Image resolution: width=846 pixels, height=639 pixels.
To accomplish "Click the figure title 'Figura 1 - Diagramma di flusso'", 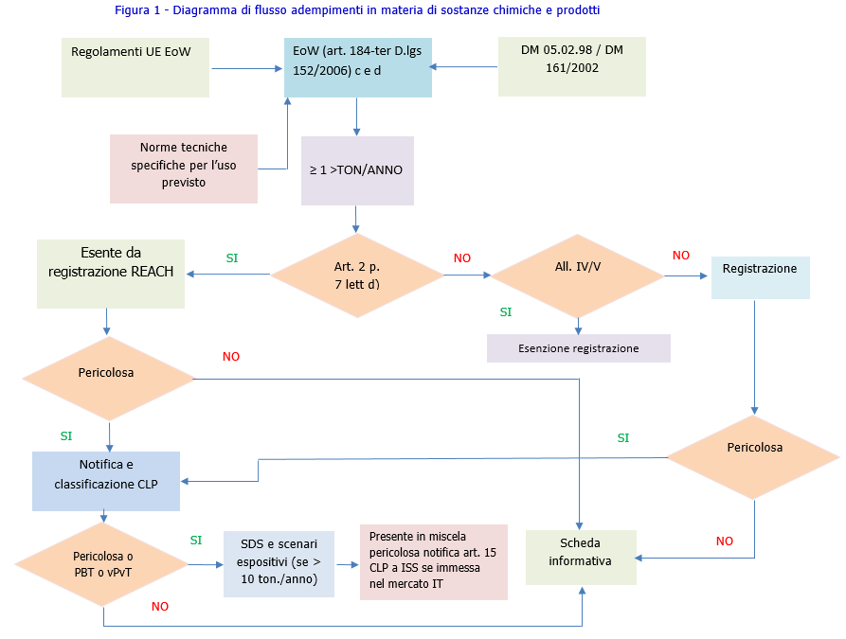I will tap(357, 9).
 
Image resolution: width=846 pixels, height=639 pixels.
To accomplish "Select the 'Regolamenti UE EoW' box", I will tap(135, 67).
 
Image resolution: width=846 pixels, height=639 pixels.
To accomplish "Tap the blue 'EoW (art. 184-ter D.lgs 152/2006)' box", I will tap(358, 67).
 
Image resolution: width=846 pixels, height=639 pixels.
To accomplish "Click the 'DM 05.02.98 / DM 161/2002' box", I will tap(572, 66).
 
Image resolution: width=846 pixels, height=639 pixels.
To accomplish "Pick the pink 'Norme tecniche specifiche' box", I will tap(184, 168).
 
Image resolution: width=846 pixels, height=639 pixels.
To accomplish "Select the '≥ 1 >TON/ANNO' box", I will tap(357, 171).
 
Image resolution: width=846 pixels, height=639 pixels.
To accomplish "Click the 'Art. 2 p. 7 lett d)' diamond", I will tap(357, 275).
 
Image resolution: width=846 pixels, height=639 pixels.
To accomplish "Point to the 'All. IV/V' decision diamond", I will tap(577, 275).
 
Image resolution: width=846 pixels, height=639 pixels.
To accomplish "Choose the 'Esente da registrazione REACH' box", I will tap(111, 273).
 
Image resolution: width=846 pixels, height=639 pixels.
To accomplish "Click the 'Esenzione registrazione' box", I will tap(578, 348).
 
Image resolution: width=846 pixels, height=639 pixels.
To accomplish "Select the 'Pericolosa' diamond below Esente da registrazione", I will tap(108, 379).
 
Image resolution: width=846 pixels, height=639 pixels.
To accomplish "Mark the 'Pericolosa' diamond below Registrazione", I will tap(754, 457).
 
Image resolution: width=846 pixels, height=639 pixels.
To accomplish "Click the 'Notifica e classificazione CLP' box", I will tap(106, 474).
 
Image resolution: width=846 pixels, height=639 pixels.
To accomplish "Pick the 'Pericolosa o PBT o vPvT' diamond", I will tap(102, 565).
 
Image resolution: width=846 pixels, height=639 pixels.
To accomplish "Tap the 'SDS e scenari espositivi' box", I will tap(279, 563).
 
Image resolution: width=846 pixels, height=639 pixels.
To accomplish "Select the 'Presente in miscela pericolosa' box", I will tap(433, 561).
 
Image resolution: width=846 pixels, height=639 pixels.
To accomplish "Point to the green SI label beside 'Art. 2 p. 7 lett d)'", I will tap(232, 257).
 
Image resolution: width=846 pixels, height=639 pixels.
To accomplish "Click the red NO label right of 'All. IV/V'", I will tap(681, 256).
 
